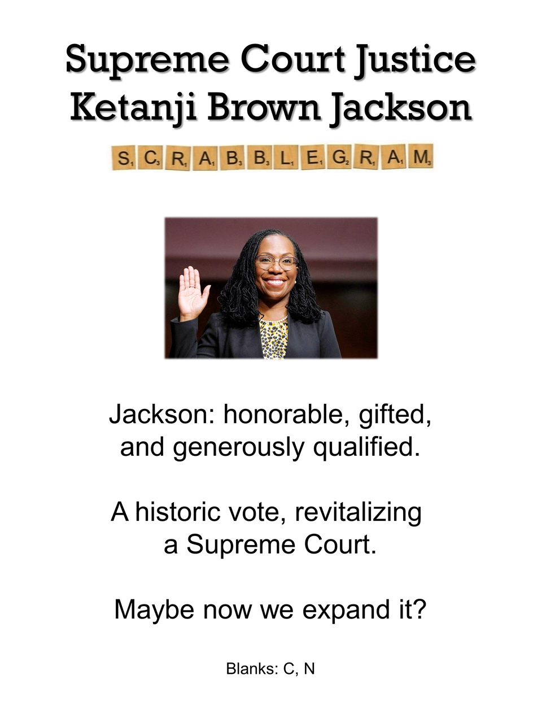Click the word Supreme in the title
tap(147, 61)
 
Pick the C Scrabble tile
tap(150, 158)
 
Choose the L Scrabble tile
tap(287, 158)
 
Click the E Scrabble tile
tap(313, 157)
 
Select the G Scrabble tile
tap(340, 157)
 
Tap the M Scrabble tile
tap(421, 156)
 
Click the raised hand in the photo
tap(193, 294)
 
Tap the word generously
tap(238, 449)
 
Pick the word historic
tap(178, 512)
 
